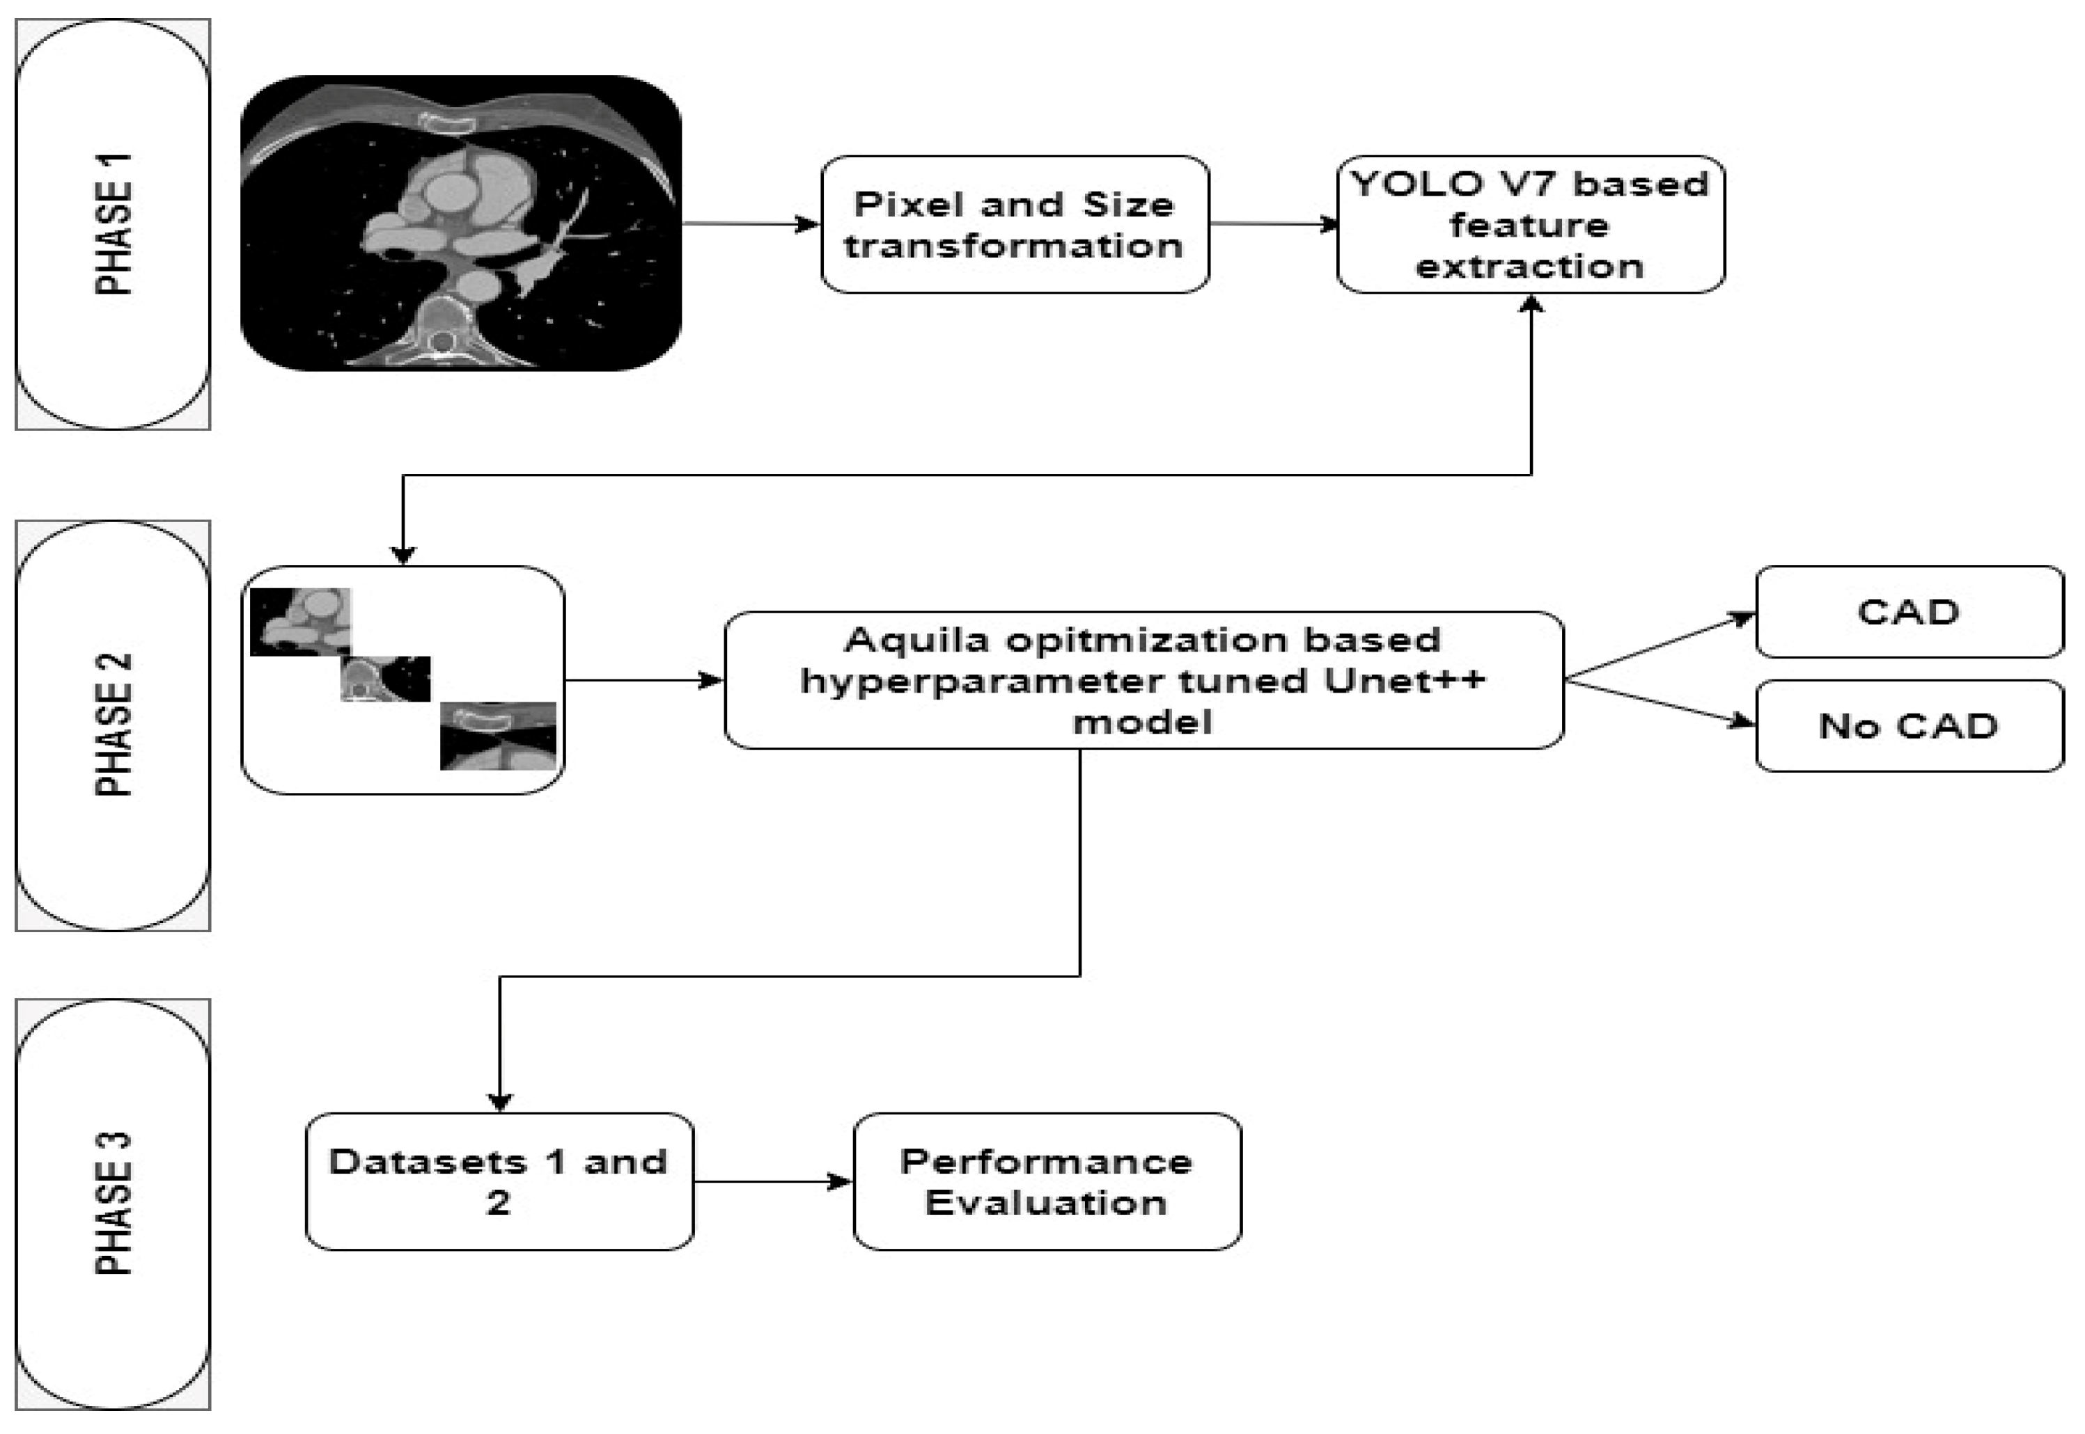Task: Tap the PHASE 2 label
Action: pyautogui.click(x=114, y=725)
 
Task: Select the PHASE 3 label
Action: pyautogui.click(x=114, y=1204)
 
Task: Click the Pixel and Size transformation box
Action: pyautogui.click(x=1015, y=225)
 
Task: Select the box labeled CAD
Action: pyautogui.click(x=1909, y=612)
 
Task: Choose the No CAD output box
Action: pyautogui.click(x=1909, y=725)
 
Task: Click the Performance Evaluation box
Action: pyautogui.click(x=1047, y=1181)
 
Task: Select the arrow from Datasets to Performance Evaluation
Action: pyautogui.click(x=773, y=1181)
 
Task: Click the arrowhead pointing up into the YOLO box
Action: pyautogui.click(x=1531, y=305)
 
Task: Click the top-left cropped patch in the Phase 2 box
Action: pyautogui.click(x=300, y=622)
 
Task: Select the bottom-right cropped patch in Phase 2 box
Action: pyautogui.click(x=498, y=736)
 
